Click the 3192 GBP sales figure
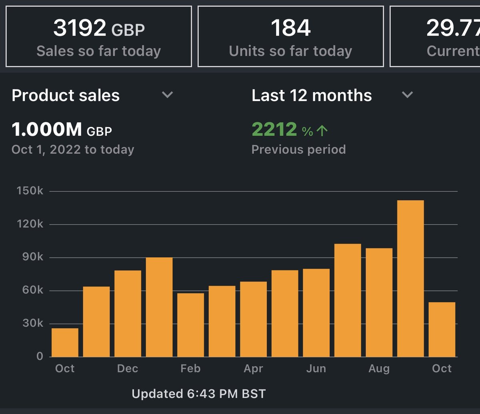(99, 28)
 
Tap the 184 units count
(290, 28)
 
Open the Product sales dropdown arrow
(167, 95)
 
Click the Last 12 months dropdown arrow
(407, 95)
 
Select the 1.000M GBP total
(62, 130)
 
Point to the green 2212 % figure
(290, 130)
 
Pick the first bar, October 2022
(65, 342)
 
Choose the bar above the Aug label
(379, 302)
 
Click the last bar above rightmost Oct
(442, 329)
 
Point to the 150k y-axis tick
(30, 191)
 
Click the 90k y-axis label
(32, 257)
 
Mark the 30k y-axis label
(32, 323)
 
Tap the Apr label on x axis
(253, 369)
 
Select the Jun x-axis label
(316, 369)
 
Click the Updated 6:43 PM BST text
(198, 394)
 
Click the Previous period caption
(298, 149)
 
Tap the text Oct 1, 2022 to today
(73, 149)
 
